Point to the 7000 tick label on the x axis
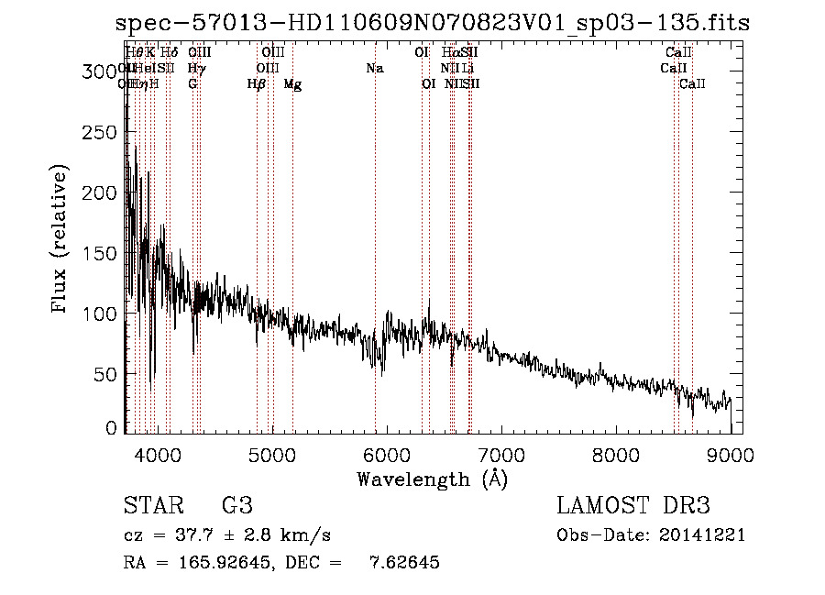(501, 456)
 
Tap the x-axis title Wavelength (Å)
(432, 479)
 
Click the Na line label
(374, 69)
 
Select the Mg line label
(292, 84)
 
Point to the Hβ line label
(257, 84)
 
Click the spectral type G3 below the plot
(236, 506)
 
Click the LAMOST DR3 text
(633, 506)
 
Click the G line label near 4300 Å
(192, 84)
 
